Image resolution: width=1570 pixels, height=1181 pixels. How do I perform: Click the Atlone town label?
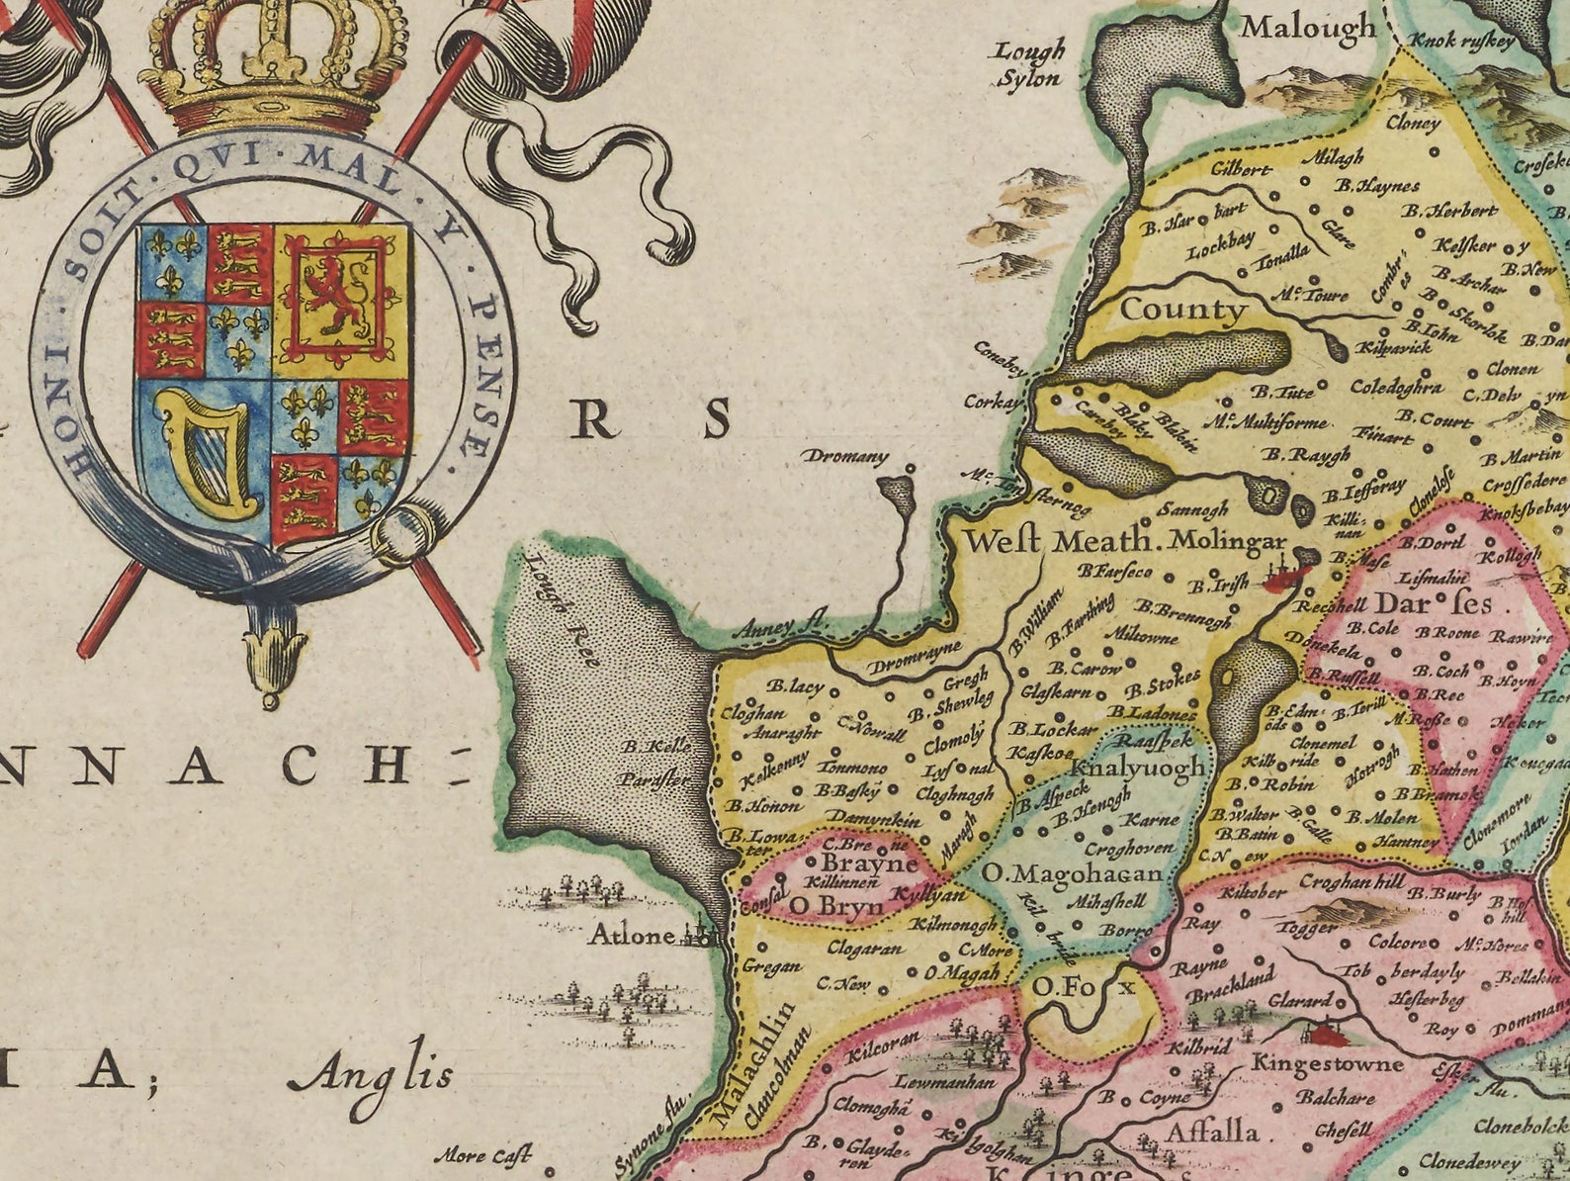(632, 934)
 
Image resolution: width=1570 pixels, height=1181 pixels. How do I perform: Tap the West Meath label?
(1059, 541)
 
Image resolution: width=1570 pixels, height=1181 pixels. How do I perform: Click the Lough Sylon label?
(1030, 65)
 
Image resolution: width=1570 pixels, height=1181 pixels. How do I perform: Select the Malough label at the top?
(1307, 27)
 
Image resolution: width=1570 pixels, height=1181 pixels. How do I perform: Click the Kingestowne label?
(1327, 1063)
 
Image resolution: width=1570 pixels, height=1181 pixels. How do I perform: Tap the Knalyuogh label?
(1139, 767)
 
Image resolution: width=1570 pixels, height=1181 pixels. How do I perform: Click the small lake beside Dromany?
(897, 492)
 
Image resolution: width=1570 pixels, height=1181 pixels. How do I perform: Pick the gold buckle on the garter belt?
(405, 534)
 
